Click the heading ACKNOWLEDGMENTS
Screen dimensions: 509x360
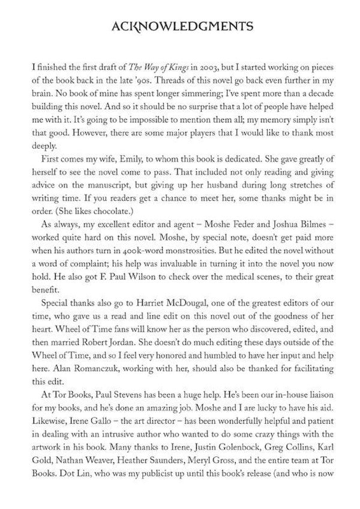tap(179, 26)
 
